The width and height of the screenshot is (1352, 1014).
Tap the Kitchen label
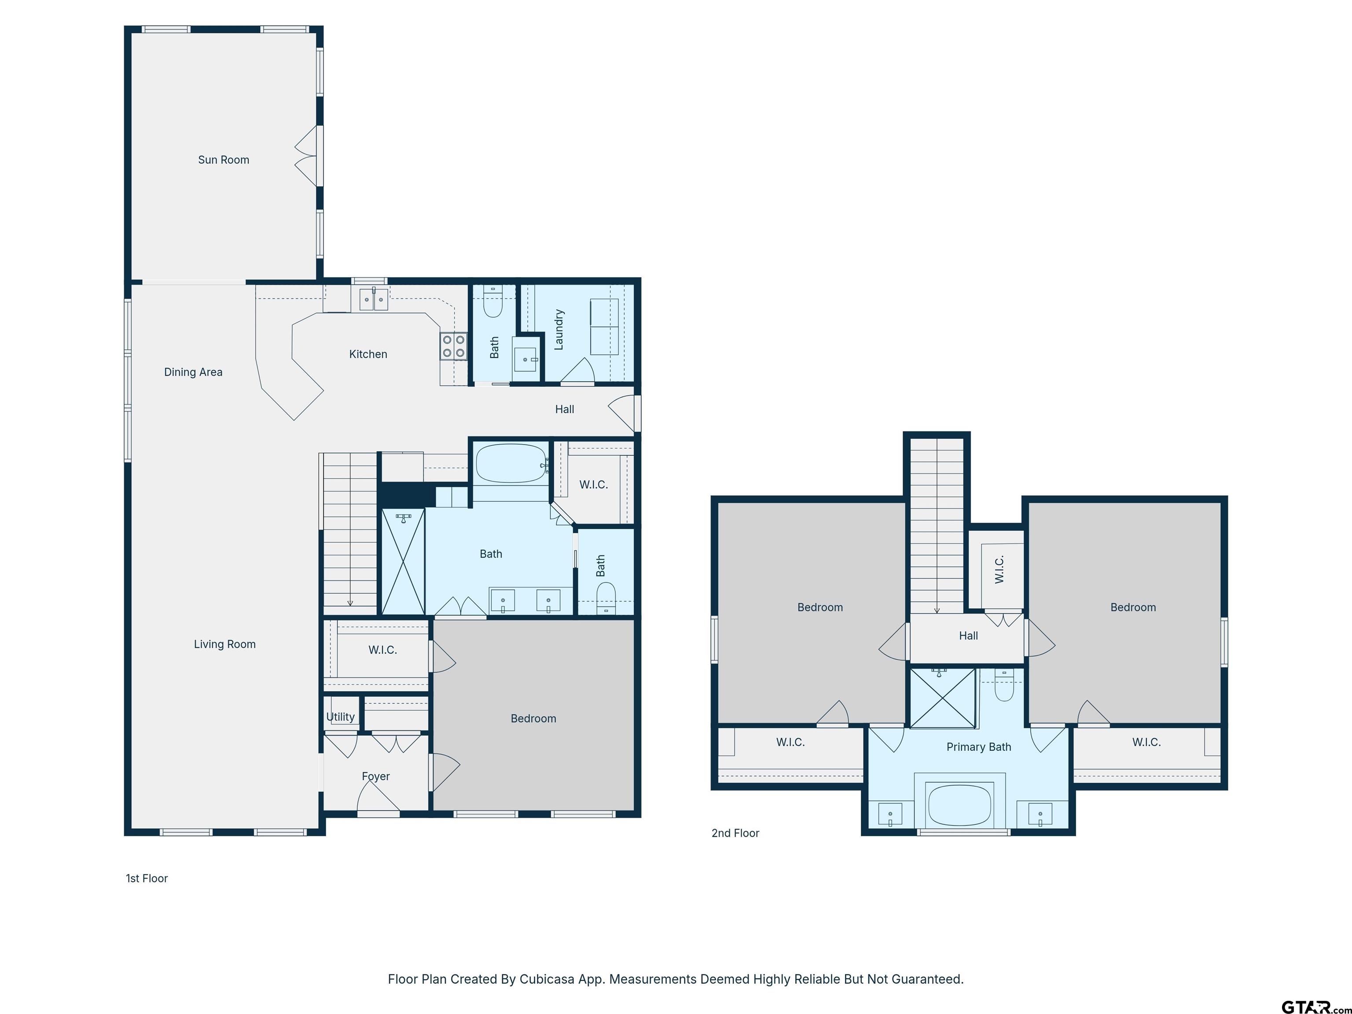pyautogui.click(x=368, y=354)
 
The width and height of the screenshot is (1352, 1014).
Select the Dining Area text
pyautogui.click(x=193, y=372)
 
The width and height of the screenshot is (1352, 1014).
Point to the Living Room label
pyautogui.click(x=225, y=644)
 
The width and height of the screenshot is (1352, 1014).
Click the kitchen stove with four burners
pyautogui.click(x=453, y=346)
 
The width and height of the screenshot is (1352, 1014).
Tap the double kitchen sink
pyautogui.click(x=374, y=300)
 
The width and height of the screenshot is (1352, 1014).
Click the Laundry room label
pyautogui.click(x=558, y=330)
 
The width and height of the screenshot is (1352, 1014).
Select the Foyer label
pyautogui.click(x=375, y=777)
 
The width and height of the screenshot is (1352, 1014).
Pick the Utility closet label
pyautogui.click(x=341, y=717)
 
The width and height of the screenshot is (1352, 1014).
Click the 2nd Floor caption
pyautogui.click(x=735, y=833)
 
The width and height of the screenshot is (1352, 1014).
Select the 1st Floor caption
pyautogui.click(x=147, y=878)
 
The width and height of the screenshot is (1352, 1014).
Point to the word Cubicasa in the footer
pyautogui.click(x=547, y=980)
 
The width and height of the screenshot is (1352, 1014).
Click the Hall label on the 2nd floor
pyautogui.click(x=968, y=636)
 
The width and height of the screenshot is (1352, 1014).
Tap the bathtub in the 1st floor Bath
pyautogui.click(x=511, y=464)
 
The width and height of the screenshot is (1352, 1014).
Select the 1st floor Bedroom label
pyautogui.click(x=533, y=719)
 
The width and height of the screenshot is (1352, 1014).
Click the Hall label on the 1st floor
pyautogui.click(x=565, y=409)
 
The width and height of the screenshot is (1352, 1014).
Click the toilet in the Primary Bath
pyautogui.click(x=1004, y=684)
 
